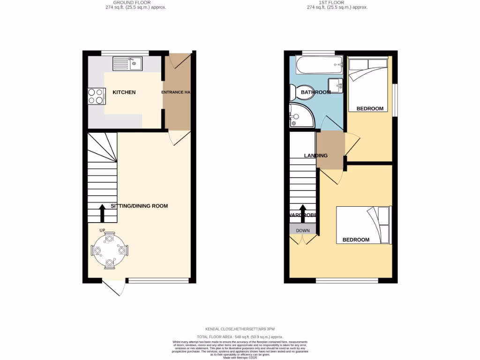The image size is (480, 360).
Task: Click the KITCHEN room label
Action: tap(124, 92)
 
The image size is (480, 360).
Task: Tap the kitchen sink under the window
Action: tap(127, 63)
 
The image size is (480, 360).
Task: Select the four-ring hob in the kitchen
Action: tap(96, 96)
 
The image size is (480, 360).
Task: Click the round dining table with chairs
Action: tap(110, 251)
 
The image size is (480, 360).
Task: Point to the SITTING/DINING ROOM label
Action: tap(139, 206)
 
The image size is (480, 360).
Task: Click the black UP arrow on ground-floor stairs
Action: tap(102, 213)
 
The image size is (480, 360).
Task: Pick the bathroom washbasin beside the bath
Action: tap(336, 84)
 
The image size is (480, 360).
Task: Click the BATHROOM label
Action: tap(315, 92)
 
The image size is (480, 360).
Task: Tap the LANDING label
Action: tap(315, 156)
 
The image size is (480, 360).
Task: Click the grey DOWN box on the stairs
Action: tap(303, 230)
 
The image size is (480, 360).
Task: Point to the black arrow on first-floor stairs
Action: tap(303, 213)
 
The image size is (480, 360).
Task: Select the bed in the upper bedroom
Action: tap(368, 82)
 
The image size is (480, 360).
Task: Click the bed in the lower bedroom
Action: tap(364, 225)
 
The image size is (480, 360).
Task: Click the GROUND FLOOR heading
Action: tap(135, 3)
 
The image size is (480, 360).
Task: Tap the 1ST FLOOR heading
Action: tap(337, 3)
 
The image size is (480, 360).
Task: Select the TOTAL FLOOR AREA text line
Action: tap(240, 337)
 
